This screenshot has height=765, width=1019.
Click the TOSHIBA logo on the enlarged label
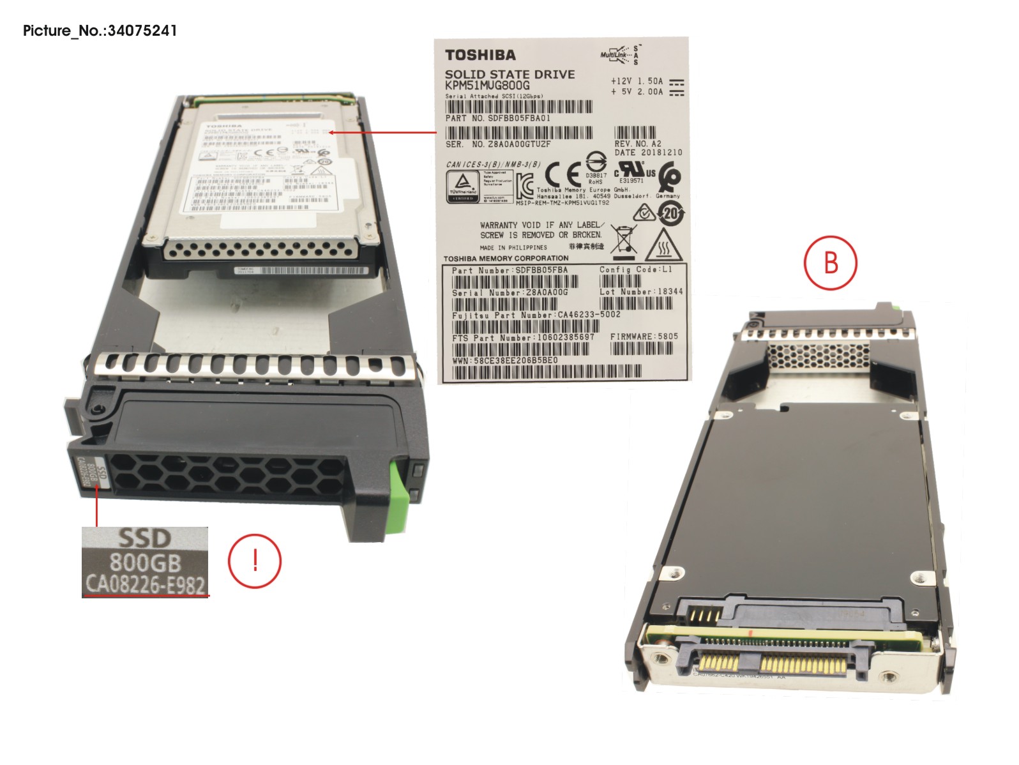point(480,55)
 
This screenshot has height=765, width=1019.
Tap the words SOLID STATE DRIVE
point(509,74)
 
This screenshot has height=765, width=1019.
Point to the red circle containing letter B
point(830,262)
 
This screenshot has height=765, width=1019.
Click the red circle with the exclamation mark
point(254,561)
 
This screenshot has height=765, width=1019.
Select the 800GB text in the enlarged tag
point(145,563)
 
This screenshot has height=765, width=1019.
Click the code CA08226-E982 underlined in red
point(145,584)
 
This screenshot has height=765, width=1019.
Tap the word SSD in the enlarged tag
point(145,539)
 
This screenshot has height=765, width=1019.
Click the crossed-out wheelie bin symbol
point(623,239)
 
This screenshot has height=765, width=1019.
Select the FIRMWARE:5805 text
point(644,337)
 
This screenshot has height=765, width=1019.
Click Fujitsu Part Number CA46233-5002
point(536,315)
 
